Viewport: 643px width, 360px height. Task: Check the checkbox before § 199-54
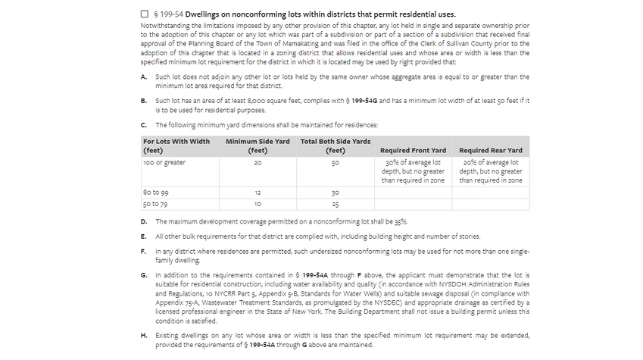pyautogui.click(x=145, y=14)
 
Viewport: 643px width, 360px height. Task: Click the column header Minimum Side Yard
pyautogui.click(x=258, y=146)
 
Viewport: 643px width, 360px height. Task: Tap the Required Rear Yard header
pyautogui.click(x=491, y=150)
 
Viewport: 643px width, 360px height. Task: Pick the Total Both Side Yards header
pyautogui.click(x=336, y=146)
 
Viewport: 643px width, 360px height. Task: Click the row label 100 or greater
pyautogui.click(x=164, y=162)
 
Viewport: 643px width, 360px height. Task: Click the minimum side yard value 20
pyautogui.click(x=258, y=162)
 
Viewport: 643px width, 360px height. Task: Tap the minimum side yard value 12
pyautogui.click(x=258, y=193)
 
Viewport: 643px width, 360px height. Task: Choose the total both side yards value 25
pyautogui.click(x=336, y=204)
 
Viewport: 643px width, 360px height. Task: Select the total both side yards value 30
pyautogui.click(x=336, y=193)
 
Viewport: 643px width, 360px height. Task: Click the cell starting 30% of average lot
pyautogui.click(x=413, y=171)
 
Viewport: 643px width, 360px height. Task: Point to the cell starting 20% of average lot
pyautogui.click(x=491, y=171)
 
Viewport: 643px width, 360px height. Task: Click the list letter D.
pyautogui.click(x=144, y=221)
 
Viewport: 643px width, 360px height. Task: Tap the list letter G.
pyautogui.click(x=144, y=274)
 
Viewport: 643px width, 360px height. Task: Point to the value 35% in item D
pyautogui.click(x=400, y=221)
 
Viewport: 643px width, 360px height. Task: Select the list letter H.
pyautogui.click(x=144, y=335)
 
